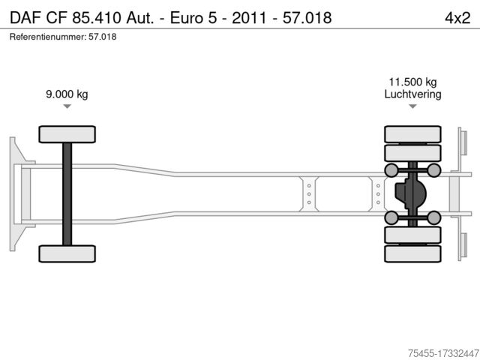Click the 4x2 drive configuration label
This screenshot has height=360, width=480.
[x=457, y=18]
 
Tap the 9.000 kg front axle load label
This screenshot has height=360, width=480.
[x=67, y=94]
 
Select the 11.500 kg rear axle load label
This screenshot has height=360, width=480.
[x=412, y=82]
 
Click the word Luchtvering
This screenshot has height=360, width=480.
[x=412, y=94]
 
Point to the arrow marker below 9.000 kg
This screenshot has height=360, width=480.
[x=67, y=106]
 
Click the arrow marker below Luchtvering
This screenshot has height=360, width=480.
[x=412, y=106]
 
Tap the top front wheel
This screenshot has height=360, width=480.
[x=67, y=134]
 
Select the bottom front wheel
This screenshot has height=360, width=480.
[x=67, y=253]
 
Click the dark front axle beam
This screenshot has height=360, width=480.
[x=67, y=194]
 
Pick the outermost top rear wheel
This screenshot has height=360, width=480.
[x=412, y=134]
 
